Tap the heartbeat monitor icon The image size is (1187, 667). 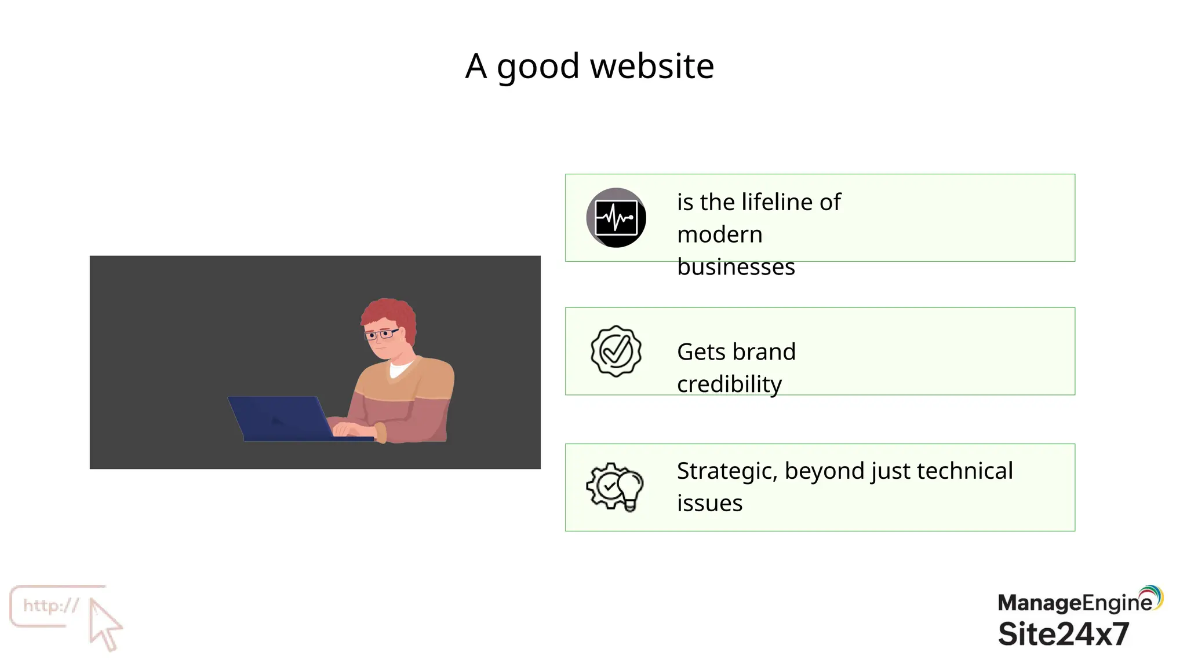616,218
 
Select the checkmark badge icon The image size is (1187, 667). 616,351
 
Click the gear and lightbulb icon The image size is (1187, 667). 615,487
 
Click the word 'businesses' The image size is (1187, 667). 735,267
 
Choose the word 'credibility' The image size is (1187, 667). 729,384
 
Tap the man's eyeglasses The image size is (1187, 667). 381,334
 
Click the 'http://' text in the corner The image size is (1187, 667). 51,606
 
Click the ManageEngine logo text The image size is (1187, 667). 1075,603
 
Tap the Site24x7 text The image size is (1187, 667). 1064,634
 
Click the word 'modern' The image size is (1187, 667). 719,234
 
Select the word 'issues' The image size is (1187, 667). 709,503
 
